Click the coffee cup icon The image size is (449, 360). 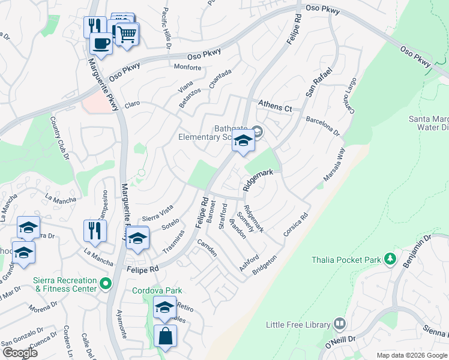pyautogui.click(x=100, y=43)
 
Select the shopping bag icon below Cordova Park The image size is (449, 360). pyautogui.click(x=165, y=336)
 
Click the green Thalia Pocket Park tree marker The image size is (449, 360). pyautogui.click(x=391, y=259)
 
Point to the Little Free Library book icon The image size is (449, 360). pyautogui.click(x=340, y=325)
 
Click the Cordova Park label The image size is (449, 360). pyautogui.click(x=157, y=291)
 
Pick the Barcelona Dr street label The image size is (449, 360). pyautogui.click(x=323, y=126)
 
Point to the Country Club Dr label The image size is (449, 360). pyautogui.click(x=61, y=139)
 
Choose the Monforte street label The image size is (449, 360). pyautogui.click(x=187, y=67)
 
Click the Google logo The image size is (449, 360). pyautogui.click(x=20, y=353)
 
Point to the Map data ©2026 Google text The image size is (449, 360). pyautogui.click(x=412, y=355)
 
